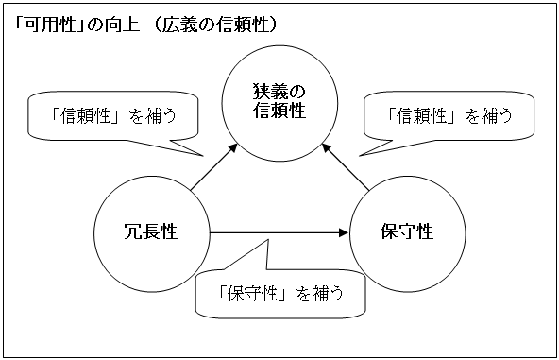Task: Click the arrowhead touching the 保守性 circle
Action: pyautogui.click(x=344, y=231)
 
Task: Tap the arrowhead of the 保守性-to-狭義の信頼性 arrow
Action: pyautogui.click(x=327, y=148)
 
